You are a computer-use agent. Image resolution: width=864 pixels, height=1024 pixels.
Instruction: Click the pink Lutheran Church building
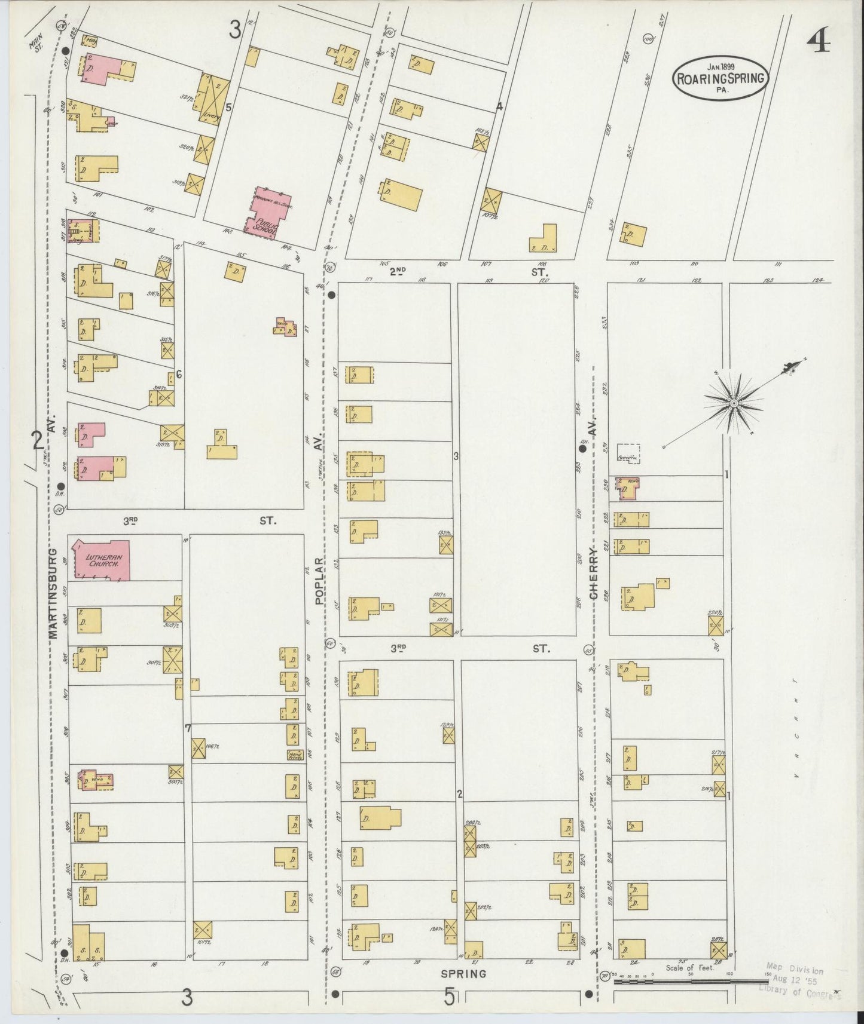[100, 560]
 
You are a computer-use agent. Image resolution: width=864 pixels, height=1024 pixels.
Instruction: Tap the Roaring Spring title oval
[720, 77]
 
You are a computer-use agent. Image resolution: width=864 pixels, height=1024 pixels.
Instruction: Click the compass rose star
[733, 404]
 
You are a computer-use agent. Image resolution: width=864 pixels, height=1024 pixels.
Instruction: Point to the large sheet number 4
[818, 42]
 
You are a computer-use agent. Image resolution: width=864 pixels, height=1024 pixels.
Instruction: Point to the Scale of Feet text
[690, 967]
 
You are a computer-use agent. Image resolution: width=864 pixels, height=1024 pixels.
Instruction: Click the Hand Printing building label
[294, 755]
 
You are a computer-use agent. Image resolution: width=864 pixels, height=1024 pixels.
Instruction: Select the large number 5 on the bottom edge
[450, 997]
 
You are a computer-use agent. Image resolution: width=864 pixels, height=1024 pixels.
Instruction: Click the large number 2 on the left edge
[37, 441]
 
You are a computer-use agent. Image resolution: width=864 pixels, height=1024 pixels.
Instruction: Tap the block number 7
[188, 728]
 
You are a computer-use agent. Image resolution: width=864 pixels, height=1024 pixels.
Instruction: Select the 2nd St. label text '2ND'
[397, 271]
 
